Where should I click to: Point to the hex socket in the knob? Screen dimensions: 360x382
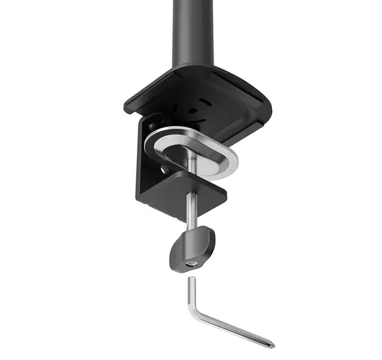192,263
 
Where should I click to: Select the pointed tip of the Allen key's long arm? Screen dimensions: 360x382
273,344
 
